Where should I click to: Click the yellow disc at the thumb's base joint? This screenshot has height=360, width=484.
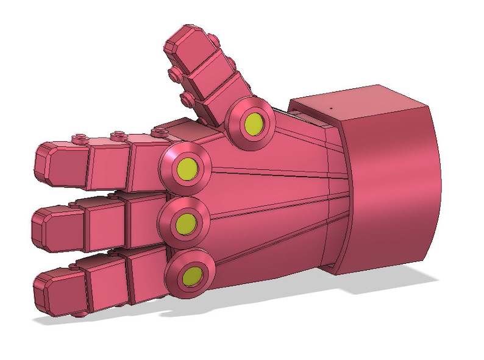pyautogui.click(x=252, y=123)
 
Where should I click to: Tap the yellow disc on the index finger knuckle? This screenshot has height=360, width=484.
pyautogui.click(x=186, y=166)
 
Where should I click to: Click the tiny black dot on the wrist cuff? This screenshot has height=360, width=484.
pyautogui.click(x=331, y=107)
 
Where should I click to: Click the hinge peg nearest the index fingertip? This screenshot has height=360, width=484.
pyautogui.click(x=79, y=138)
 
